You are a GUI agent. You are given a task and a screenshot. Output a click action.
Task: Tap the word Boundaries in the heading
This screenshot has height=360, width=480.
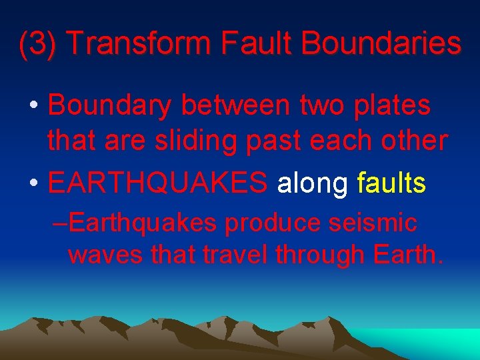pyautogui.click(x=381, y=44)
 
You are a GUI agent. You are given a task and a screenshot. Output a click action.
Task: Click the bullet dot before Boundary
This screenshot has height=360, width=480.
pyautogui.click(x=32, y=107)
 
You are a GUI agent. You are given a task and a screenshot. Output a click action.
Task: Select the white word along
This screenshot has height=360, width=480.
pyautogui.click(x=312, y=184)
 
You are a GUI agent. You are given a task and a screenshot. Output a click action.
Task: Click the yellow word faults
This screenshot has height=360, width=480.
pyautogui.click(x=391, y=183)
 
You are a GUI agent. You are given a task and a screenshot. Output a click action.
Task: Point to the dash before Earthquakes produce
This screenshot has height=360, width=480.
pyautogui.click(x=59, y=223)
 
